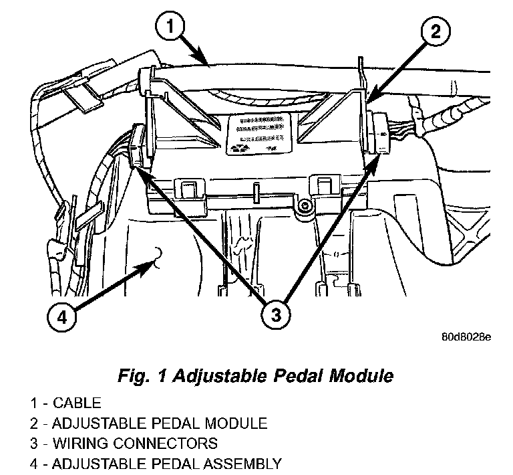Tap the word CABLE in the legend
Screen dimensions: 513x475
[x=77, y=403]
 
